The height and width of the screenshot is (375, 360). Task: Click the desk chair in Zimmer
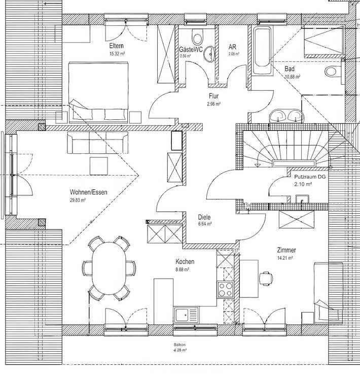(x=265, y=277)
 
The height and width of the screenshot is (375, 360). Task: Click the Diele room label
(x=204, y=217)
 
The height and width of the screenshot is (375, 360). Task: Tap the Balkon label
(x=179, y=345)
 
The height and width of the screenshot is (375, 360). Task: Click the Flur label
(x=213, y=96)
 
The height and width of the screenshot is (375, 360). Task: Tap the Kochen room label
(x=185, y=261)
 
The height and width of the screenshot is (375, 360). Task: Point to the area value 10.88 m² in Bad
(x=293, y=77)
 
